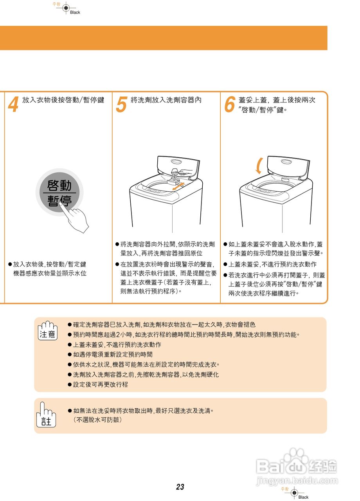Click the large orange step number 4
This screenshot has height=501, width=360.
[13, 105]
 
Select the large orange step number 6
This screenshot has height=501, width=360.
[229, 105]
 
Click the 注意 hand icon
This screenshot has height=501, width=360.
[48, 330]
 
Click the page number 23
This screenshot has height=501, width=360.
[180, 487]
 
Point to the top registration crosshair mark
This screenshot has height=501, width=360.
[66, 8]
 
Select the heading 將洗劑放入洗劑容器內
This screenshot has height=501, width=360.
[166, 100]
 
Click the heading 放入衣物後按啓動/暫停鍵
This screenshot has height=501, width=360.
[63, 100]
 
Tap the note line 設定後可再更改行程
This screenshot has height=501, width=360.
[101, 385]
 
